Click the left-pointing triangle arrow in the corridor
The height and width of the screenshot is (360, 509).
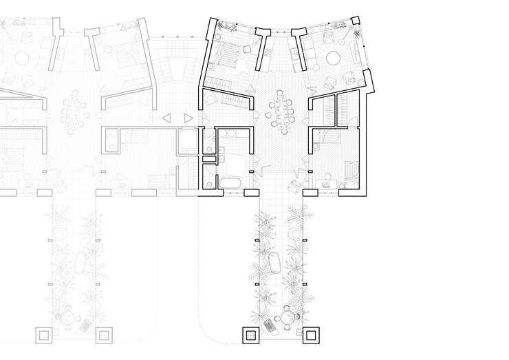(x=166, y=118)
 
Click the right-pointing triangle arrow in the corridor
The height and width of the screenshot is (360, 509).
(x=188, y=118)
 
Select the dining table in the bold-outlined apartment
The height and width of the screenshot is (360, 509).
(x=280, y=110)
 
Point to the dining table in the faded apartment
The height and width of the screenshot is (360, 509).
(x=72, y=110)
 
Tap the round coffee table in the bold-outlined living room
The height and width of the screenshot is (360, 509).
(x=335, y=57)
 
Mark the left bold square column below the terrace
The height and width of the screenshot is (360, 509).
(x=249, y=336)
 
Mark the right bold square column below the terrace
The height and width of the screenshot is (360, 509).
(x=311, y=336)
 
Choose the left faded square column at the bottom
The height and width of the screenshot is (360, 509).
(x=42, y=336)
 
